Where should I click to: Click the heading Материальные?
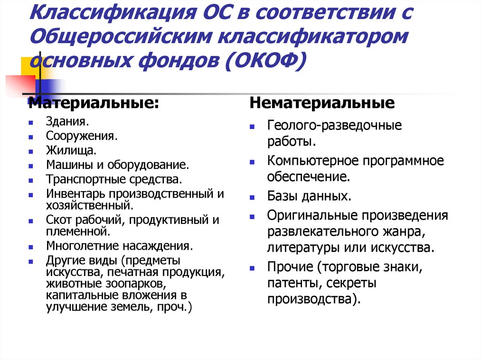94,103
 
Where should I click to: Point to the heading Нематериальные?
322,103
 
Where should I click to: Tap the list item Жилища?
71,150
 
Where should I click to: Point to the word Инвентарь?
76,193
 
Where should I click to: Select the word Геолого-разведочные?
335,126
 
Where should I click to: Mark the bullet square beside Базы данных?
252,197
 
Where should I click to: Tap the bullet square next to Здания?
31,123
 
